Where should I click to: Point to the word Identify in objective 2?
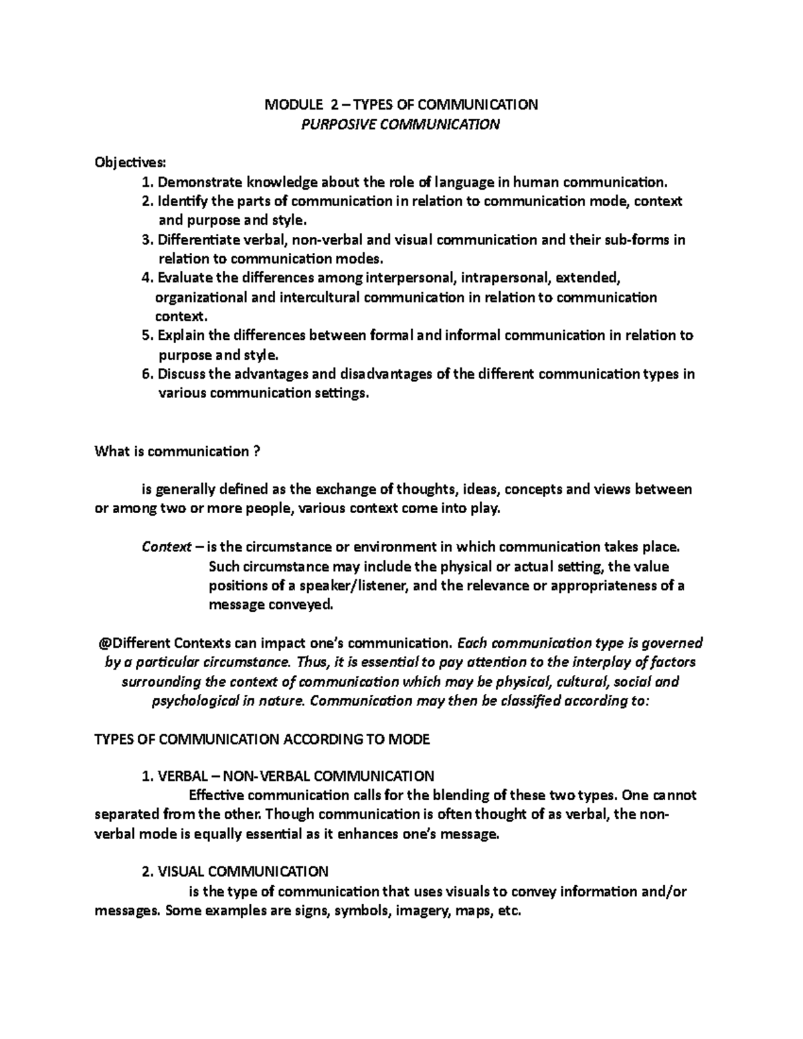[183, 201]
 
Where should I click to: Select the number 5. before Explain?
[147, 336]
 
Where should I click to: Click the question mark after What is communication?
[256, 452]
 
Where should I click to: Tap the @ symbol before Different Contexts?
[103, 644]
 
